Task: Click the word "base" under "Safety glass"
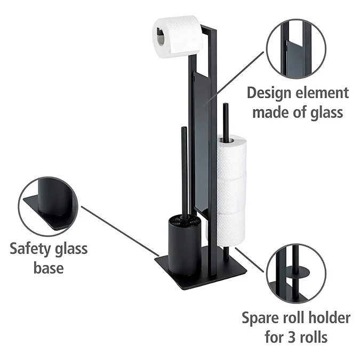click(50, 267)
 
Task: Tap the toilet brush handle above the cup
click(184, 171)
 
